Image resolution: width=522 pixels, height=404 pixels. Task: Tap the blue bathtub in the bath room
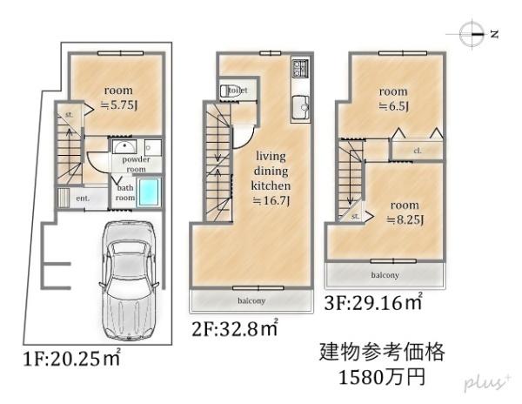[151, 193]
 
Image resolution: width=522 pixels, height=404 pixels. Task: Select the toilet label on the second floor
[236, 90]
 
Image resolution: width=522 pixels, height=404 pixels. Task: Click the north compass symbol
[473, 36]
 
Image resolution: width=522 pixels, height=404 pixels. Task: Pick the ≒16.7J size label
[271, 200]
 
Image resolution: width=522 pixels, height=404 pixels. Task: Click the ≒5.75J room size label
[119, 103]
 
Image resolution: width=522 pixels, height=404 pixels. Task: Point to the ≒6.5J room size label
[393, 106]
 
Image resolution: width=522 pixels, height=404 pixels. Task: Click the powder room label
[136, 165]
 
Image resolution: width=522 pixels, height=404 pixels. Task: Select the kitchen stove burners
[299, 66]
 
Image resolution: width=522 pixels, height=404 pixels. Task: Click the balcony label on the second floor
[250, 300]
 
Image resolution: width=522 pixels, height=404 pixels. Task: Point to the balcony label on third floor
[384, 274]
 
